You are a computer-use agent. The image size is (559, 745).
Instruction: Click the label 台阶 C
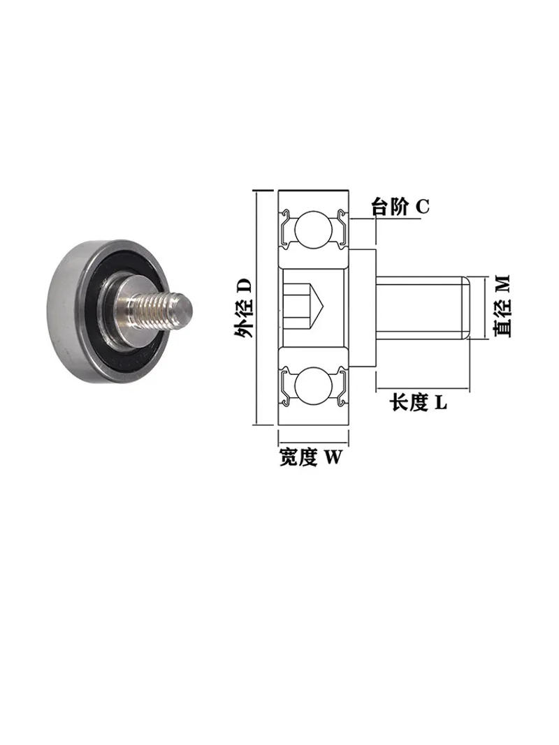(x=400, y=207)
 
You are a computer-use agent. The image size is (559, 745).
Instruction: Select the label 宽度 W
(x=311, y=457)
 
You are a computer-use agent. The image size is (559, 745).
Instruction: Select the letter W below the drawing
(x=334, y=457)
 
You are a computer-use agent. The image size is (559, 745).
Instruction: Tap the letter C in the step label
(x=422, y=207)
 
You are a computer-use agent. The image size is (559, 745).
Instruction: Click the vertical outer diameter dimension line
(x=256, y=307)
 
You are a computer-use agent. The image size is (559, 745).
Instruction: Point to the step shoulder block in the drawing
(x=362, y=307)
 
